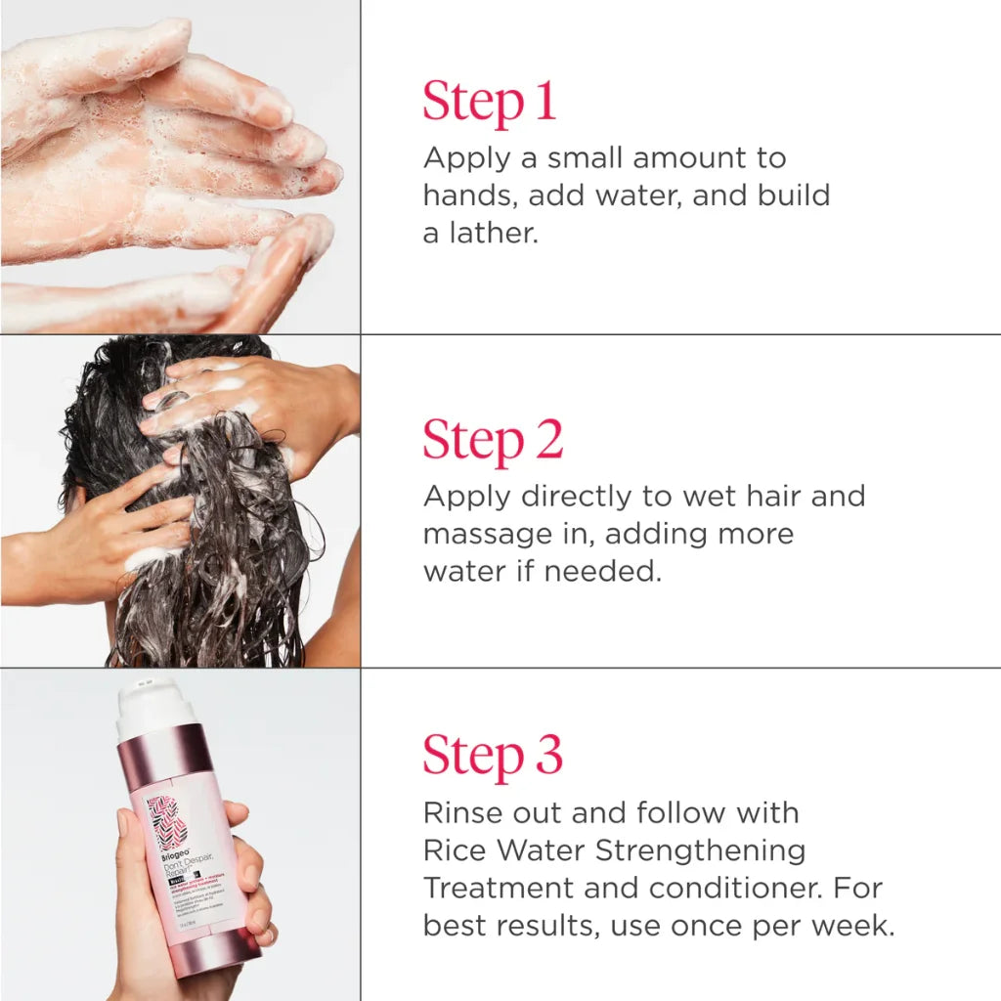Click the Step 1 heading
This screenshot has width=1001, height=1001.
point(490,102)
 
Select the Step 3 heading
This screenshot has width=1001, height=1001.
point(493,755)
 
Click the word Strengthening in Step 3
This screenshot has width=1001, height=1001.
point(700,850)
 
